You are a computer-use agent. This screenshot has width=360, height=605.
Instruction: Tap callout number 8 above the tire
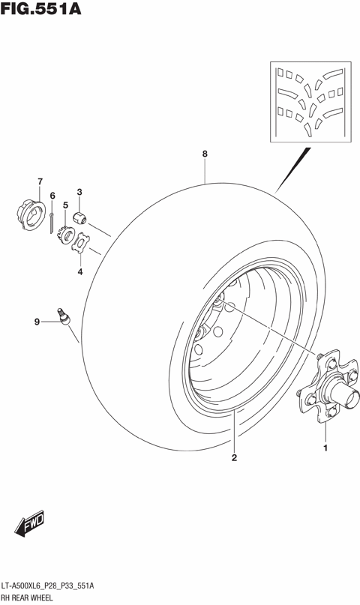[204, 154]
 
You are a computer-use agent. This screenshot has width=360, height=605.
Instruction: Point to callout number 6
[52, 196]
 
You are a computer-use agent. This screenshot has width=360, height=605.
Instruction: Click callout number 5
[65, 205]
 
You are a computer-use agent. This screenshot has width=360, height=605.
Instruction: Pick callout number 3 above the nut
[79, 192]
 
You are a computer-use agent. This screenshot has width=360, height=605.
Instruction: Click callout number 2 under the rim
[234, 457]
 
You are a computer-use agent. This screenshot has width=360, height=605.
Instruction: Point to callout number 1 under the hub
[325, 448]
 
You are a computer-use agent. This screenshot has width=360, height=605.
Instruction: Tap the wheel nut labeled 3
[80, 217]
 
